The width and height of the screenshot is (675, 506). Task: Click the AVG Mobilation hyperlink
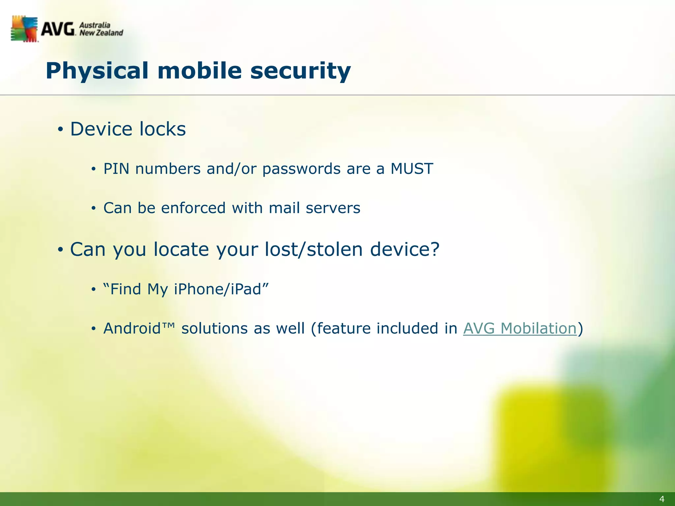pos(520,328)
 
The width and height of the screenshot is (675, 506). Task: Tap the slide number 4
pos(661,499)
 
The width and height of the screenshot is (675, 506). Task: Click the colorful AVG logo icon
pos(24,29)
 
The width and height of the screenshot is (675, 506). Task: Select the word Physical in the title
pos(97,71)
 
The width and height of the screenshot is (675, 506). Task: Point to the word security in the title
pos(300,71)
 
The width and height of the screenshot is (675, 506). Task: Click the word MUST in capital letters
pos(412,169)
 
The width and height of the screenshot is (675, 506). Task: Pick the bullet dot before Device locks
pos(60,129)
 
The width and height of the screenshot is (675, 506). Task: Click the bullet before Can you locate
pos(60,250)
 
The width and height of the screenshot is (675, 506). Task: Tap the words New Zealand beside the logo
pos(101,33)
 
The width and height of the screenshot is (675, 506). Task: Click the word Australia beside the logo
pos(95,25)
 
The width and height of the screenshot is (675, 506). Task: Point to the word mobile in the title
pos(200,71)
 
